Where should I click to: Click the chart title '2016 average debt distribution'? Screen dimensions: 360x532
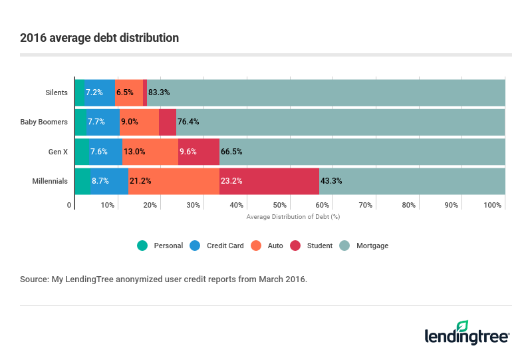(99, 38)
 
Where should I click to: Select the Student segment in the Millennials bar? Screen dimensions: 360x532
(269, 181)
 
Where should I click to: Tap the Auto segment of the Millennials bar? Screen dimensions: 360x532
(174, 181)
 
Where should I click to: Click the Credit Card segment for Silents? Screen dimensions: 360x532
(100, 92)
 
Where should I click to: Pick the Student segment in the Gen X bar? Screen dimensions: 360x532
(199, 152)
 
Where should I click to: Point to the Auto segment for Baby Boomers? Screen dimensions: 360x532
(139, 122)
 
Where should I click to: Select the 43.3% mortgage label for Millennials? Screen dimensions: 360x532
(331, 181)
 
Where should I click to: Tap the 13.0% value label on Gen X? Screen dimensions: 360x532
(134, 152)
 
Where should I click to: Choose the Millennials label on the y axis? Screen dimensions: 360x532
(50, 181)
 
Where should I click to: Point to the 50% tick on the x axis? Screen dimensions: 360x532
(279, 205)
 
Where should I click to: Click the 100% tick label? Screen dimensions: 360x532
(493, 205)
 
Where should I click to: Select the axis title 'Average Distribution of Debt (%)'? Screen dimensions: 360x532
(293, 216)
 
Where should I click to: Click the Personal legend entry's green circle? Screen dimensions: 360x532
(142, 246)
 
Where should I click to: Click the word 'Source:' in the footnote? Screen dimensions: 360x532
(34, 279)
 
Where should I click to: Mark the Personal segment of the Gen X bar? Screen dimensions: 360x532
(81, 152)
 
